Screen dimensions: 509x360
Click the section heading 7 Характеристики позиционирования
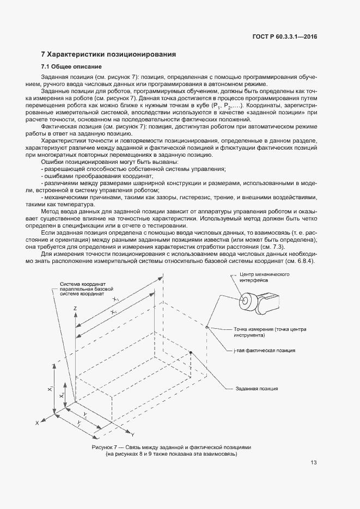[109, 54]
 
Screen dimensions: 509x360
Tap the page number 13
[314, 463]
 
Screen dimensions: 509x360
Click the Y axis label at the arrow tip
[132, 434]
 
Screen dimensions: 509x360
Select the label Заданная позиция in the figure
[257, 389]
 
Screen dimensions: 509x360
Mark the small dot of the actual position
[206, 327]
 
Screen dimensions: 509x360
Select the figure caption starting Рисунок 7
[172, 446]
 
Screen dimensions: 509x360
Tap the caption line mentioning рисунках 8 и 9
[172, 453]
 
